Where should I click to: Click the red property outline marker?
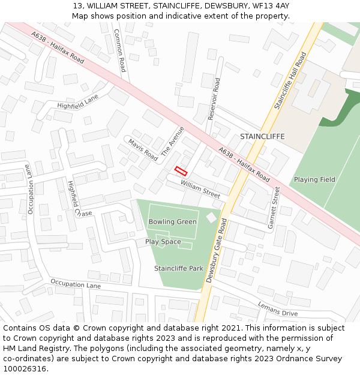[x=181, y=170]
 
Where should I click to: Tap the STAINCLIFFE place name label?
[x=262, y=137]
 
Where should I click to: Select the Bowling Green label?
[x=172, y=222]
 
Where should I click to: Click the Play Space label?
[x=163, y=242]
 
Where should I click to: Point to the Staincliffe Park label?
[x=179, y=268]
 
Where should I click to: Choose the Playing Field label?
[x=314, y=179]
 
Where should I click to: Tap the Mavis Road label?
[x=143, y=149]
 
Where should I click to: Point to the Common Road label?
[x=119, y=51]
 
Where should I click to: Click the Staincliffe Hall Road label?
[x=290, y=80]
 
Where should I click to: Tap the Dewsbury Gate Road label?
[x=216, y=250]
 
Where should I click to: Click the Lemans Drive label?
[x=277, y=309]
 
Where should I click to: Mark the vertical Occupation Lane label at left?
[x=30, y=190]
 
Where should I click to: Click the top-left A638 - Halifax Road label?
[x=58, y=49]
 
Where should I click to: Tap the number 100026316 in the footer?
[x=24, y=368]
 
